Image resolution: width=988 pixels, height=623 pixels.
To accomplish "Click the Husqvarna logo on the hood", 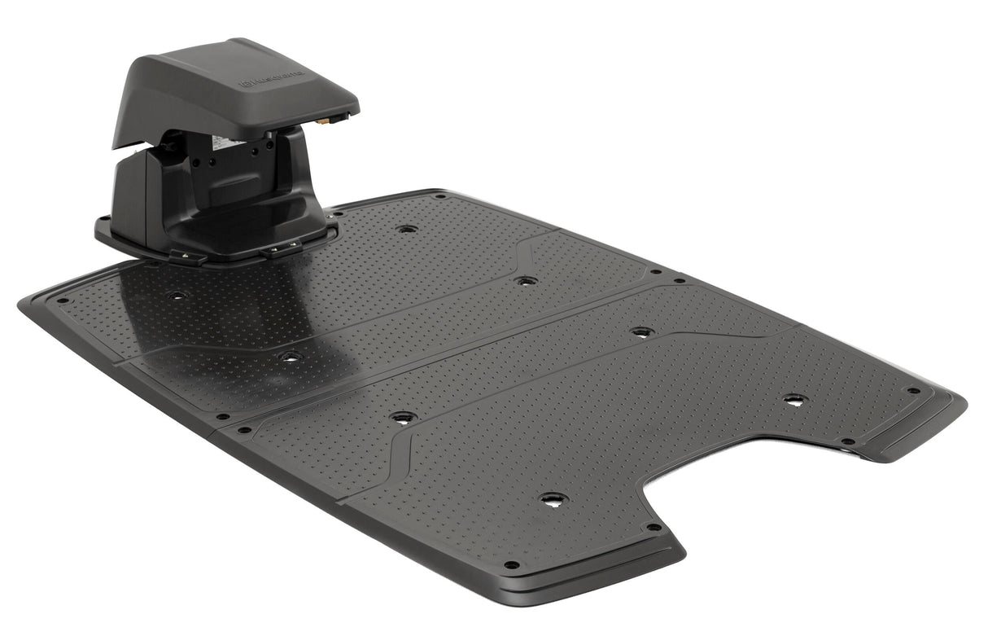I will coord(271,79).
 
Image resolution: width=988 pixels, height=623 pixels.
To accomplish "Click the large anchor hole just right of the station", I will coord(407,229).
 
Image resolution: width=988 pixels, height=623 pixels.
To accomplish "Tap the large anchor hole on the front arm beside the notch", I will coord(553,499).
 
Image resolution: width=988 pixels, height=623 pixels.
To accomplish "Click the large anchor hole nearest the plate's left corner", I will coord(177,295).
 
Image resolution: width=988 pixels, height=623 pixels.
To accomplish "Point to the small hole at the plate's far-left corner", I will coord(59,300).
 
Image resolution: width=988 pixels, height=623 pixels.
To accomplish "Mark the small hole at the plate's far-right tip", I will coord(914,390).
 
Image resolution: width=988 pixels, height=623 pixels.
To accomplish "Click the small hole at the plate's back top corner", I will coord(439,196).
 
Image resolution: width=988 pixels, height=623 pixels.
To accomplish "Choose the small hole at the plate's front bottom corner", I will coord(511,564).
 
